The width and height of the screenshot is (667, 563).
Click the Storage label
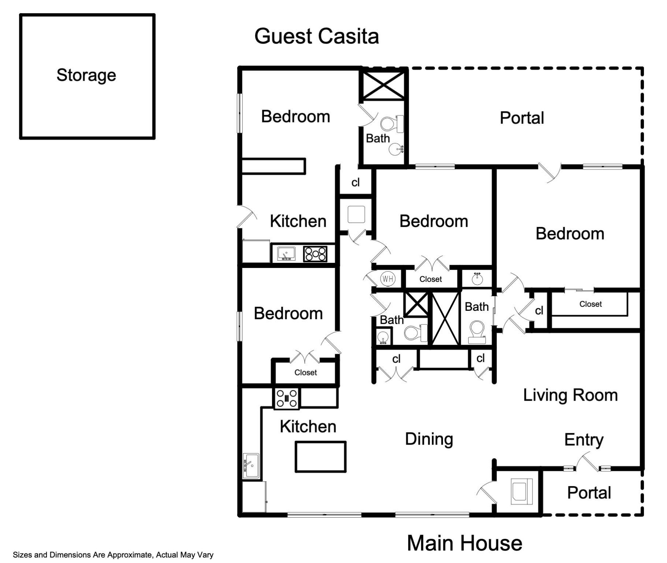86,75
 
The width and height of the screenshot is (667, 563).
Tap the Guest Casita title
316,36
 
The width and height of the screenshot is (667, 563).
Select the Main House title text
464,543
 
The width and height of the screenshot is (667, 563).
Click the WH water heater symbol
388,279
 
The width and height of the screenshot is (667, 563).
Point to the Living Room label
570,395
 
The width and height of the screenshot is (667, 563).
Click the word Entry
584,439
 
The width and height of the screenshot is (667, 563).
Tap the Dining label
429,439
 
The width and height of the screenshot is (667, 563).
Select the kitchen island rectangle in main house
320,457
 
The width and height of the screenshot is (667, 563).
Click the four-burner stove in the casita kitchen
315,254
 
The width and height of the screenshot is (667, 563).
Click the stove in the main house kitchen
287,398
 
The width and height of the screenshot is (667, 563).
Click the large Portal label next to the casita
522,118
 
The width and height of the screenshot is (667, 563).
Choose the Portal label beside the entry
589,493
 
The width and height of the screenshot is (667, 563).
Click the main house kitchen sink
251,466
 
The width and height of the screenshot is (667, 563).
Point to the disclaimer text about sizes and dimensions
113,555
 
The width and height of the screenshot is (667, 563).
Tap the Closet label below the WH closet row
430,279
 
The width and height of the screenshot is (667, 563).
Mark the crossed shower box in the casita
384,85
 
